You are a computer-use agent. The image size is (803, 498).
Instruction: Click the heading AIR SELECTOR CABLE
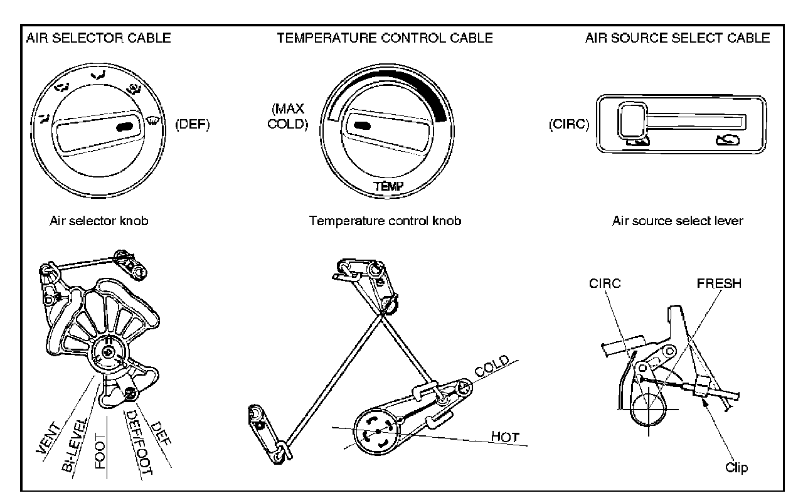98,38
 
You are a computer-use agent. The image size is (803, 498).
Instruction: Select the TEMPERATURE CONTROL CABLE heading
385,38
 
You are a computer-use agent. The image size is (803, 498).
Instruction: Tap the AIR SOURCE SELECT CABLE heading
678,38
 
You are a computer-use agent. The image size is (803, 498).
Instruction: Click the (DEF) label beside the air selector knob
193,124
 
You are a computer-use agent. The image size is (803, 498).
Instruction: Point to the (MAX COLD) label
288,116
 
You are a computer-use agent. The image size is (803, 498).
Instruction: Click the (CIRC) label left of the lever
569,124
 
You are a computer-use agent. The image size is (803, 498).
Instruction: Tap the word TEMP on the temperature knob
388,186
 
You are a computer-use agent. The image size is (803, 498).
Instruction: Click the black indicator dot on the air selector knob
125,127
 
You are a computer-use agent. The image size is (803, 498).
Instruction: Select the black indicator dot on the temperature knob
362,125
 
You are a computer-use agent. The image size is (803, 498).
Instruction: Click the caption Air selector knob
99,221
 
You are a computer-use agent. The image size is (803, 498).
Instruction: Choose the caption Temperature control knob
385,221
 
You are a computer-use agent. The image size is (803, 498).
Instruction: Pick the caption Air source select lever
678,221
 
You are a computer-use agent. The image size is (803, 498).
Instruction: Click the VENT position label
48,438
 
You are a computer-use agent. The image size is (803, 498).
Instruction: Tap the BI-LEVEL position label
74,445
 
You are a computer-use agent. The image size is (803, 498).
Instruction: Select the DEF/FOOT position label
140,442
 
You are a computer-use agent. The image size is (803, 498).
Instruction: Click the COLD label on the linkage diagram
492,366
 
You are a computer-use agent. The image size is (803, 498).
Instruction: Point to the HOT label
505,437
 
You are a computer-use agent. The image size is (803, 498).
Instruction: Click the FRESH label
719,283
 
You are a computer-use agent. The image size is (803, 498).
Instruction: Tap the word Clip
737,467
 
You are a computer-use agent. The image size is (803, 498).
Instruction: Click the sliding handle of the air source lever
632,120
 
